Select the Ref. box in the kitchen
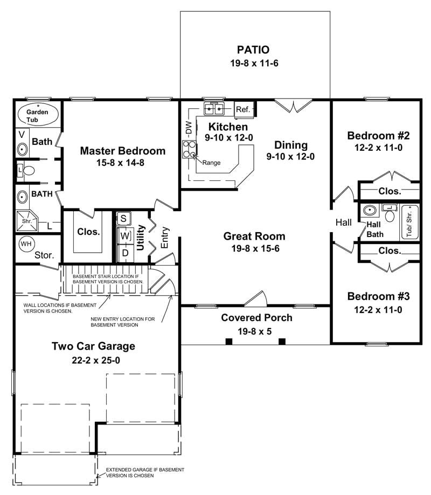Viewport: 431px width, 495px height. [x=243, y=110]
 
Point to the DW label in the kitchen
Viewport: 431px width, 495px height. [x=189, y=128]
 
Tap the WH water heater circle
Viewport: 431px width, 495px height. [x=25, y=244]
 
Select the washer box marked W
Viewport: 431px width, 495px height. [x=124, y=236]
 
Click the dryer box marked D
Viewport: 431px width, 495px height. [x=124, y=252]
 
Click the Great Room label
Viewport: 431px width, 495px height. [x=254, y=236]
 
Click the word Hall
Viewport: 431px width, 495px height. [x=343, y=222]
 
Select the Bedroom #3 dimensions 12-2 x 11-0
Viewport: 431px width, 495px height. [x=378, y=310]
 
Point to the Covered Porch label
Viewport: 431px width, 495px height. [x=256, y=317]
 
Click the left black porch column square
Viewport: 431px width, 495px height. [x=228, y=341]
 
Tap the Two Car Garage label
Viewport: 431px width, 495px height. [x=93, y=346]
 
